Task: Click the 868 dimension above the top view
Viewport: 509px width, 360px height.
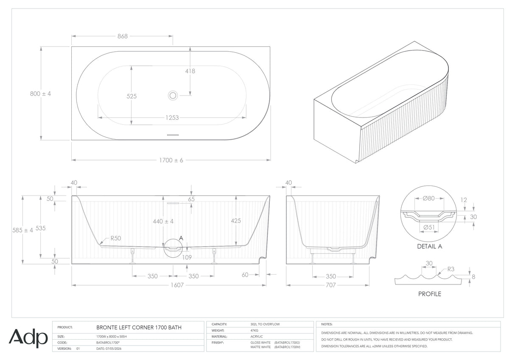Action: point(123,36)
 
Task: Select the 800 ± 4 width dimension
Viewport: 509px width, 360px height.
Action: point(40,94)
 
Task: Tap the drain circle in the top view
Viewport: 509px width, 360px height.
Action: point(173,96)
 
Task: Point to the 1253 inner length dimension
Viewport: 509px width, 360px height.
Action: point(172,118)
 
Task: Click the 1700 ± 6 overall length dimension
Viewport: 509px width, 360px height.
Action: point(171,160)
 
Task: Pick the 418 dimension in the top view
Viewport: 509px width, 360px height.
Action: point(190,71)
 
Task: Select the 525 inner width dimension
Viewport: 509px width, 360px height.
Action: point(131,96)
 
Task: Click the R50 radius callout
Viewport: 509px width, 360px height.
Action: point(116,238)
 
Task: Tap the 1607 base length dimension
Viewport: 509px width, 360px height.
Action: point(177,285)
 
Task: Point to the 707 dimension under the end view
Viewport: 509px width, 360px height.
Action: point(330,285)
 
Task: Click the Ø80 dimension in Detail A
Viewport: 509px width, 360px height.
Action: point(428,199)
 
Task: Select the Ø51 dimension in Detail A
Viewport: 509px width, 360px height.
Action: point(429,227)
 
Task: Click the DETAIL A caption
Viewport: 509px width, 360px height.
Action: point(429,246)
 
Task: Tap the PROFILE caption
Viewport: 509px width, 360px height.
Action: point(429,294)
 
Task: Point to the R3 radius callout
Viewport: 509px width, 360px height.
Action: point(450,269)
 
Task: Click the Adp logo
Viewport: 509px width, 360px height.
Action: point(28,338)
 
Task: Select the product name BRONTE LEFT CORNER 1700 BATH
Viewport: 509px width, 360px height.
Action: point(139,327)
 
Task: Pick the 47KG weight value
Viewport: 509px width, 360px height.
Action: point(254,330)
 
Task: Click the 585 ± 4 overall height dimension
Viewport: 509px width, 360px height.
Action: point(22,231)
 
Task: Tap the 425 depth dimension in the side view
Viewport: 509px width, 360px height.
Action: point(236,221)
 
